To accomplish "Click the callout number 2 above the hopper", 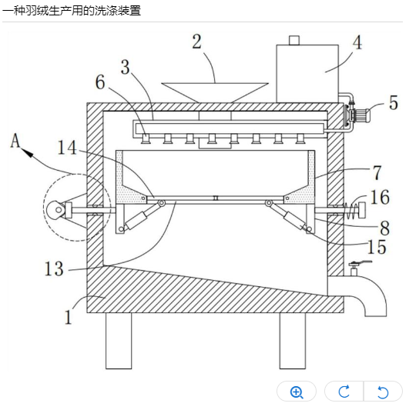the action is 197,42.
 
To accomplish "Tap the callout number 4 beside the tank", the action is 357,42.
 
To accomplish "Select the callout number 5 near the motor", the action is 394,102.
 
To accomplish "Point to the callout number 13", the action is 54,268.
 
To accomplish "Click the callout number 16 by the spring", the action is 380,197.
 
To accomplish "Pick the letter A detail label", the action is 15,141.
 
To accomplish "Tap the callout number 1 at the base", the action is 69,317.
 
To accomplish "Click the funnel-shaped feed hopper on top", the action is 215,92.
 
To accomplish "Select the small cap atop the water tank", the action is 294,40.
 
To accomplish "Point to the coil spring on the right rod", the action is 352,211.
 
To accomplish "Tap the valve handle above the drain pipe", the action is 360,263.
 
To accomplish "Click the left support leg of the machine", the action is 119,341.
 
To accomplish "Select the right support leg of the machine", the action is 293,341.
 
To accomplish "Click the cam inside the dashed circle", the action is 55,210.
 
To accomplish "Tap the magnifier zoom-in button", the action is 297,392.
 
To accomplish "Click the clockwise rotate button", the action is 344,392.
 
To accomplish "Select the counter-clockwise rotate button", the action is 383,392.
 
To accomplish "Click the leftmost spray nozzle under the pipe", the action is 145,138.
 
